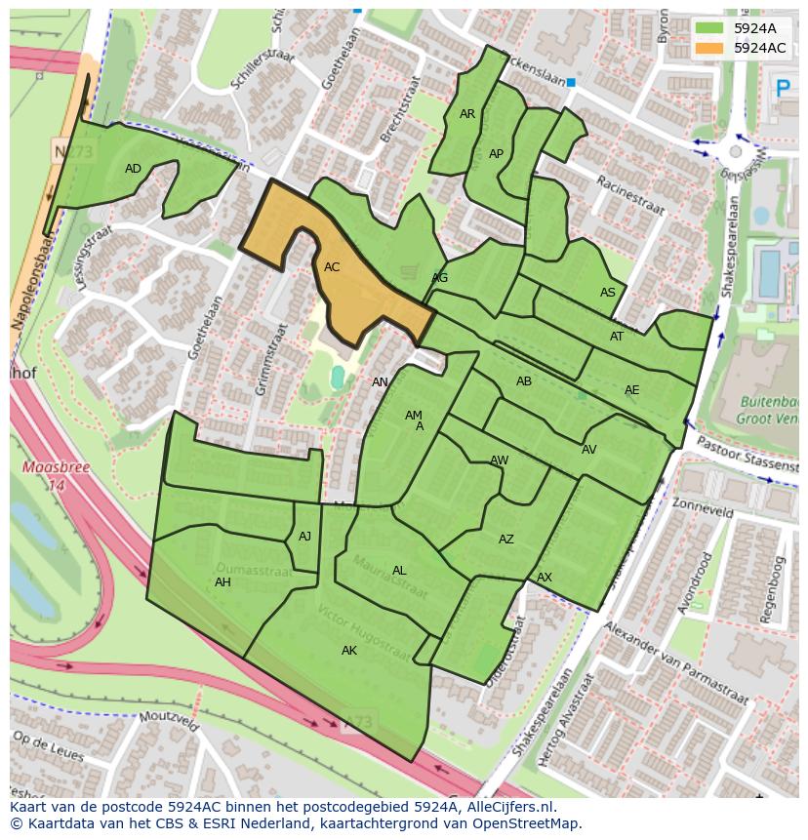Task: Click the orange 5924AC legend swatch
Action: click(709, 48)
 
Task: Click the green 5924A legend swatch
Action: click(709, 28)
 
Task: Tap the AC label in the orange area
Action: click(332, 267)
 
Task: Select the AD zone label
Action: click(134, 169)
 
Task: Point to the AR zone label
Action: click(467, 114)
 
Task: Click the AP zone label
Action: click(496, 154)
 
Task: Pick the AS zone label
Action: click(608, 293)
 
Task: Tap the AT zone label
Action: click(617, 337)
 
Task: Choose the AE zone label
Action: click(631, 390)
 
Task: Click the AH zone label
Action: click(222, 582)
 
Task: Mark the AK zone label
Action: click(349, 651)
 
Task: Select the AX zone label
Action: click(545, 578)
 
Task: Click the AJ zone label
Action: click(304, 537)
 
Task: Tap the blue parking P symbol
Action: click(782, 89)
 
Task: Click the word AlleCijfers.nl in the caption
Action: click(507, 807)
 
